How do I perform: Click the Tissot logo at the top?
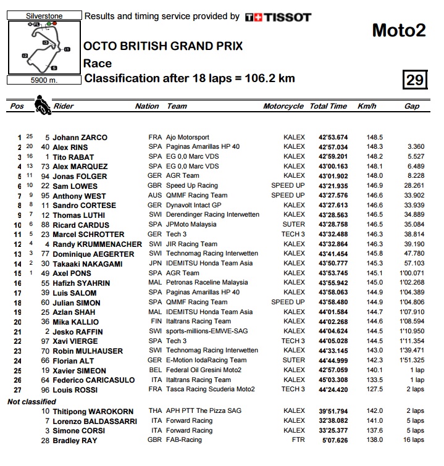click(278, 17)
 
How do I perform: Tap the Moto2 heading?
click(399, 30)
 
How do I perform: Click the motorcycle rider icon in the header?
click(41, 104)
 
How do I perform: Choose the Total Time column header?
click(328, 106)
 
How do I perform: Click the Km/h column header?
click(366, 106)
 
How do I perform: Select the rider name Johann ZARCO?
click(80, 137)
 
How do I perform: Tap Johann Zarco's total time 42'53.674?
click(333, 137)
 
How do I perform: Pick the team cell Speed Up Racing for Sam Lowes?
click(192, 186)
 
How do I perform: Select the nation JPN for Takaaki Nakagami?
click(155, 264)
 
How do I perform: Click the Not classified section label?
click(32, 401)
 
